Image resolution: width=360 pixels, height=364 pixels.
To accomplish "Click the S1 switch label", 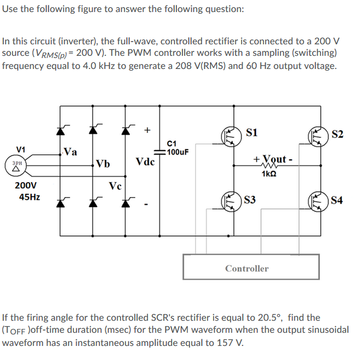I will point(252,132).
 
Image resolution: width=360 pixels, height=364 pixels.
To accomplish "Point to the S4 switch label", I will point(338,199).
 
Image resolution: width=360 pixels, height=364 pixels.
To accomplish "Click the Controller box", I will point(247,268).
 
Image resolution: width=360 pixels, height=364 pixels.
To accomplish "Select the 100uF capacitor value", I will point(178,152).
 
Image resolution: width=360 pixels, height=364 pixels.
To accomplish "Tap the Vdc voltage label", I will point(145,163).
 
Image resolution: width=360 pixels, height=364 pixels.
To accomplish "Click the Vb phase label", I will point(102,163).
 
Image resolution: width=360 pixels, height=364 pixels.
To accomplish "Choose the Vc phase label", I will point(115,185).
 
